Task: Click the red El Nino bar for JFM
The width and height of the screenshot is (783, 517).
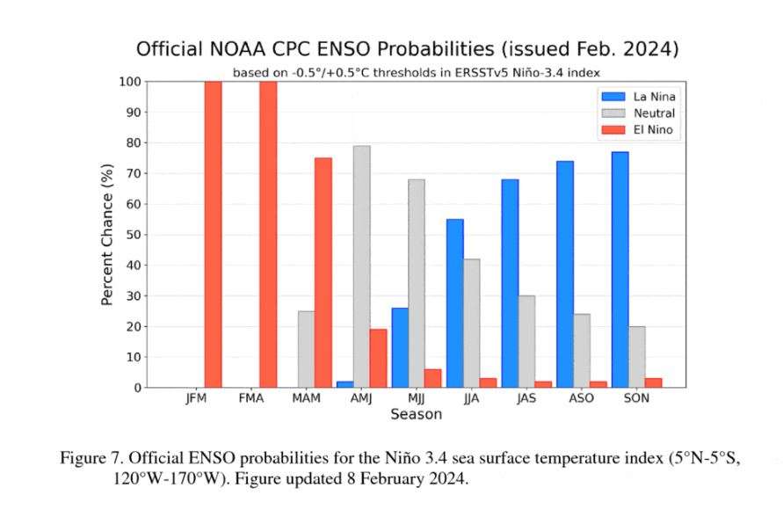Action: (x=213, y=234)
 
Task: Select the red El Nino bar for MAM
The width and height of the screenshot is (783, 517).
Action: (x=323, y=273)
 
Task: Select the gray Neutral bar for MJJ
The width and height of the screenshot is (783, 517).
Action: (x=416, y=283)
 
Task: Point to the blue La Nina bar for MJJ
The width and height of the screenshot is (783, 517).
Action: (x=400, y=347)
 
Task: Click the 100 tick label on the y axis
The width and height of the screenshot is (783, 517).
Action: (x=127, y=82)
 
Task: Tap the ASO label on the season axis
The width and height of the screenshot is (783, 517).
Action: (x=581, y=398)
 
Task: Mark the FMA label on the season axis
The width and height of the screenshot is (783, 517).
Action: (x=251, y=398)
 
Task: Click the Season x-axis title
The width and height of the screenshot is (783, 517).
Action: (x=416, y=413)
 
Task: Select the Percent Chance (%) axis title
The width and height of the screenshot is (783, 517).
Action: (x=107, y=234)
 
